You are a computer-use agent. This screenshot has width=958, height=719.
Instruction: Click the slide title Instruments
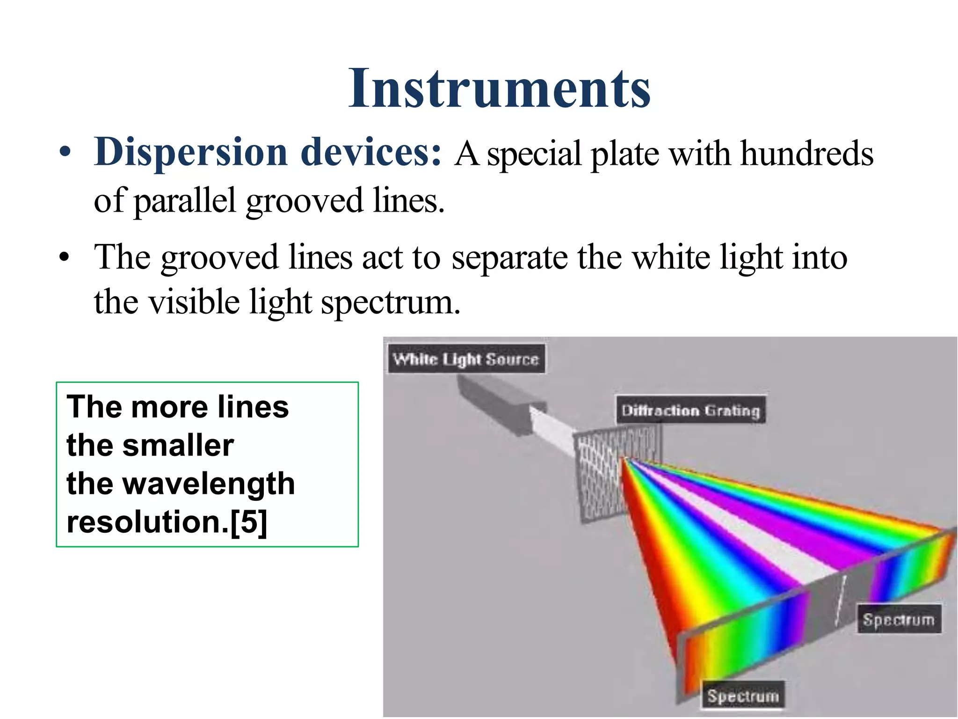(x=499, y=89)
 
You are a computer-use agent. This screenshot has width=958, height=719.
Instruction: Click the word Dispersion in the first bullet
(x=190, y=153)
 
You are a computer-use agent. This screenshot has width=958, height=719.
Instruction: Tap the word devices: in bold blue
(x=371, y=153)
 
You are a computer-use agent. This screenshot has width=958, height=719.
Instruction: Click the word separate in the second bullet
(x=509, y=257)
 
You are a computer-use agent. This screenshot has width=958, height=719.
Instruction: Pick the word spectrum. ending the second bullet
(x=390, y=302)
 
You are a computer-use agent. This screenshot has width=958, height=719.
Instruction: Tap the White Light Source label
(x=466, y=359)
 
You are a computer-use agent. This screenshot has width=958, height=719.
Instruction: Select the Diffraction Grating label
(x=690, y=411)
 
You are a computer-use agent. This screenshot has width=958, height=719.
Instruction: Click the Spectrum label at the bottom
(x=743, y=696)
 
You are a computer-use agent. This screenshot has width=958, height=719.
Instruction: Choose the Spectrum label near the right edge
(x=899, y=619)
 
